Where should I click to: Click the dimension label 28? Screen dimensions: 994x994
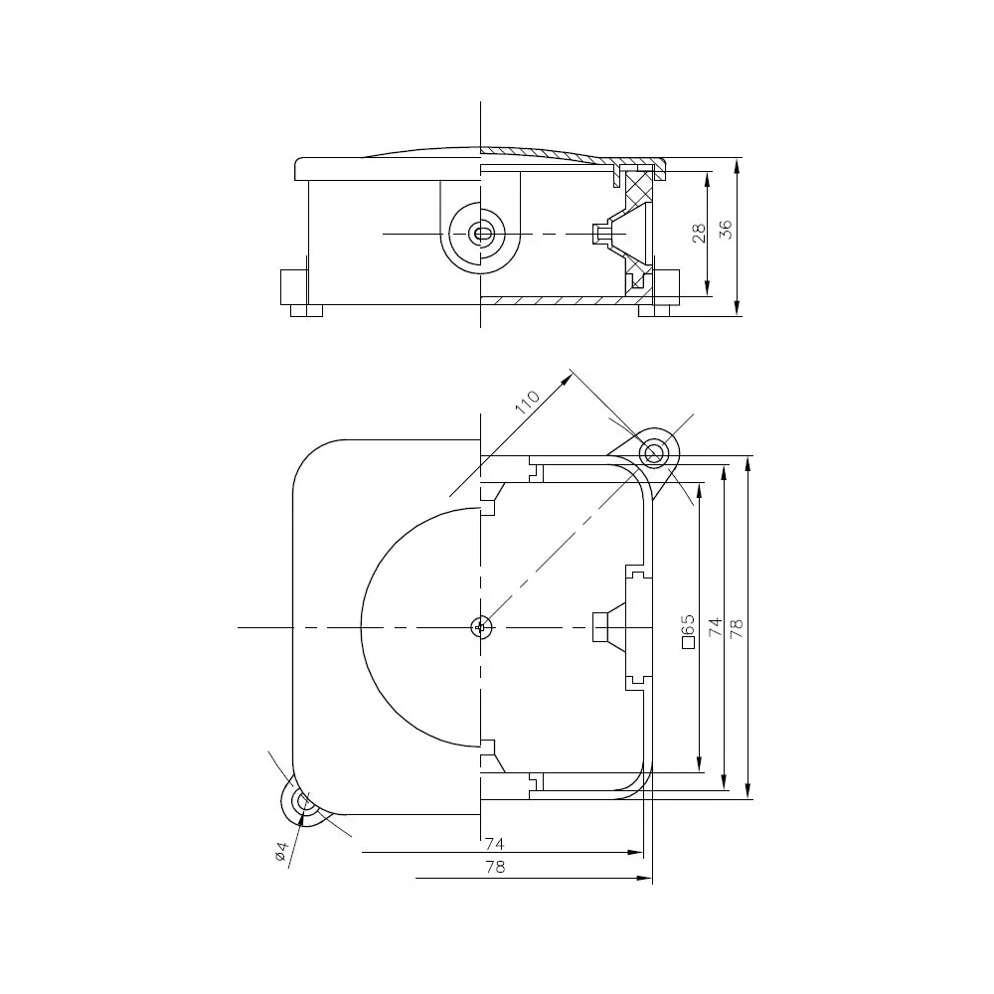699,234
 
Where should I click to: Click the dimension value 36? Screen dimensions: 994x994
726,230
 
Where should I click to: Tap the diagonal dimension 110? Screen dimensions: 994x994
527,403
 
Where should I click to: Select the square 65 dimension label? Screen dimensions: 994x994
687,630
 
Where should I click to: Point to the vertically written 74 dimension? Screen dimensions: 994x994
714,626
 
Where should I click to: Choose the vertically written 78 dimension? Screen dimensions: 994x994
737,626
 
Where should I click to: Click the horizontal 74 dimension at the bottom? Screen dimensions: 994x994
493,843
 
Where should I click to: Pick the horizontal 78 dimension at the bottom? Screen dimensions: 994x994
493,867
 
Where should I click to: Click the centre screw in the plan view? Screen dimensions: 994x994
481,627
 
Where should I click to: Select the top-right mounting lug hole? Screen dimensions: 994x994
654,453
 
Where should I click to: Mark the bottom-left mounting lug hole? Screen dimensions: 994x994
304,803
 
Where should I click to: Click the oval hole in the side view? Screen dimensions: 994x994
482,234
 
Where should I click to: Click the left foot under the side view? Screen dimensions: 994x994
306,310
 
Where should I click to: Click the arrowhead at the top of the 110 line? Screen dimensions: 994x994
570,377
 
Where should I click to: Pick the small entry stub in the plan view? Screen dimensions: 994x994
601,627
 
